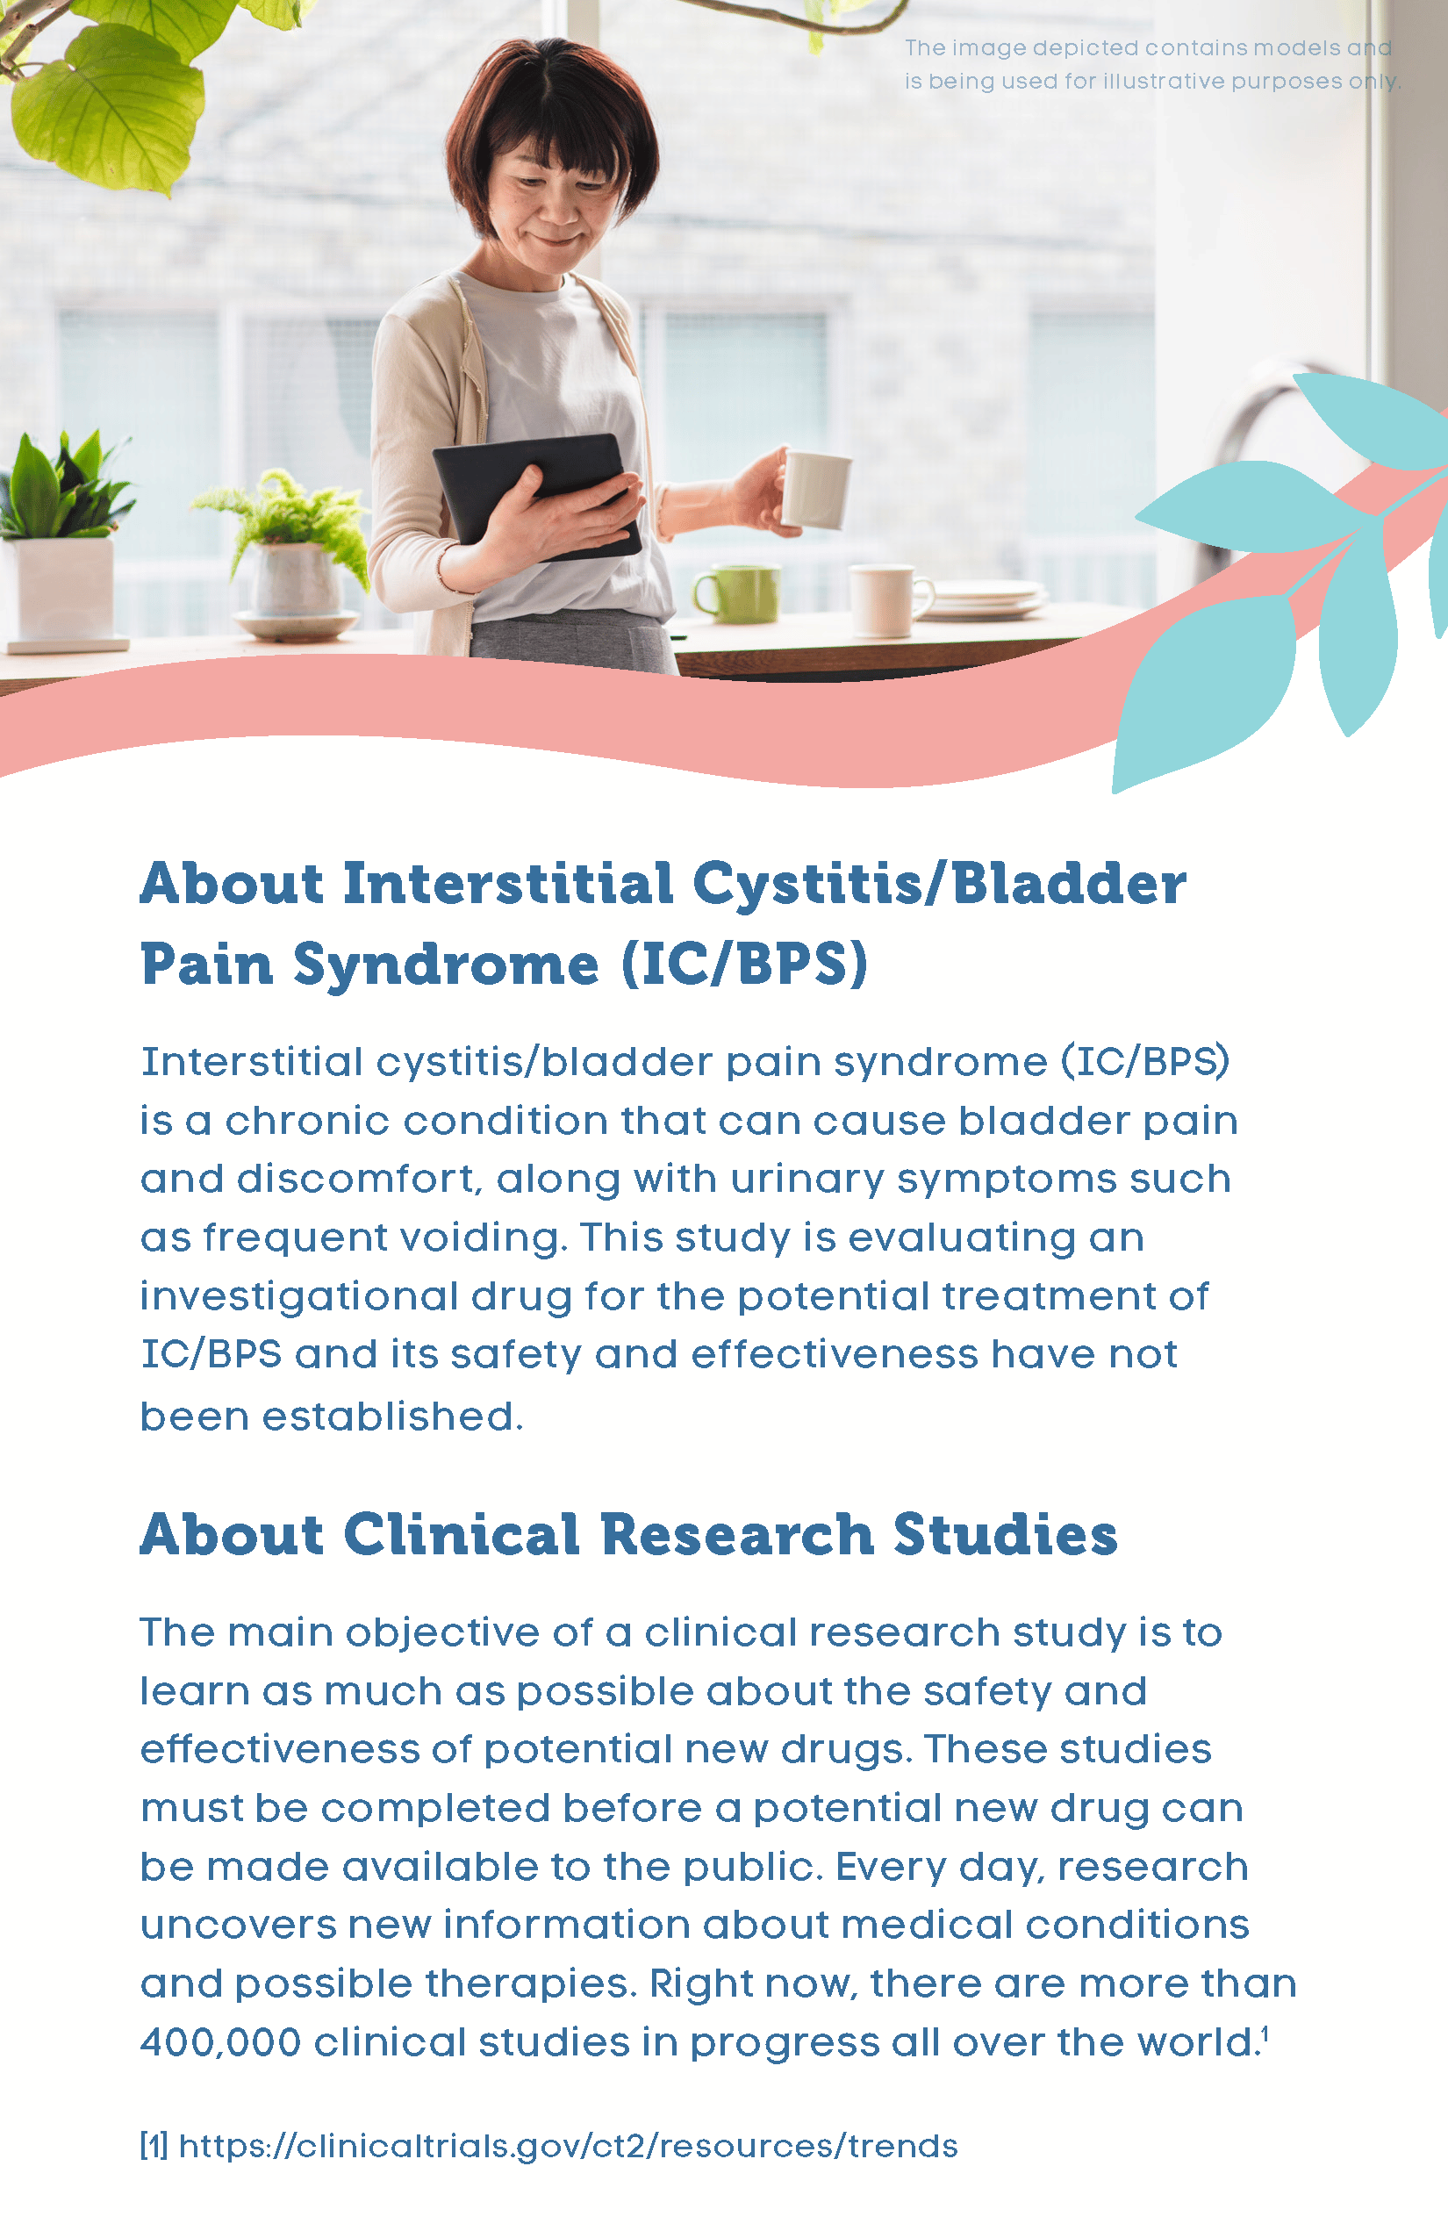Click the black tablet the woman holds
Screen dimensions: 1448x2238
[x=537, y=496]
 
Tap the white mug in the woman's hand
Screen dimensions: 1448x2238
[x=816, y=489]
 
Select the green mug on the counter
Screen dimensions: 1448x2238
[x=738, y=594]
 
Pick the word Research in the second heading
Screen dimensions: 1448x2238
[x=737, y=1535]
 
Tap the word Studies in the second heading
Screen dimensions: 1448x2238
[x=1005, y=1535]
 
